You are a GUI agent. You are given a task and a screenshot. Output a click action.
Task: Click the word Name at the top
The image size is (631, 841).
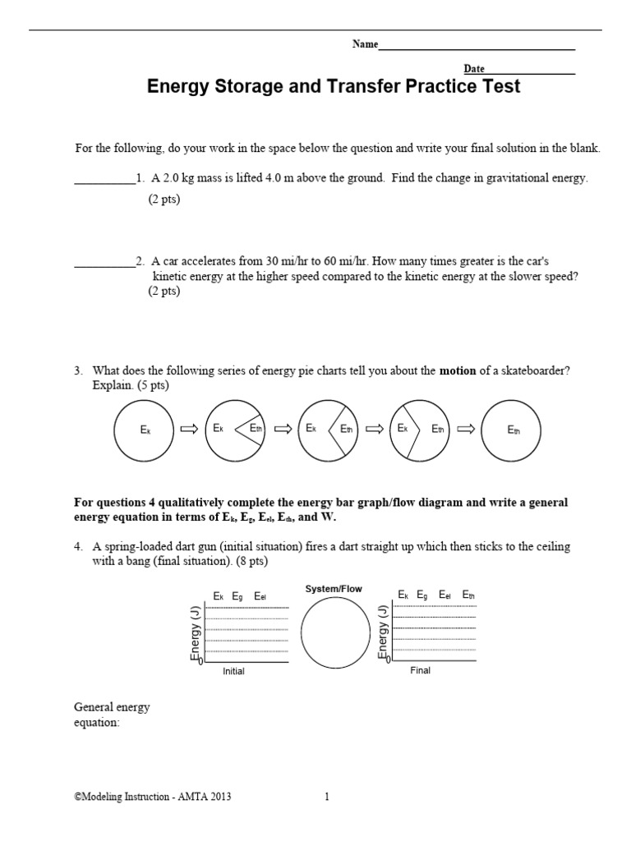(365, 45)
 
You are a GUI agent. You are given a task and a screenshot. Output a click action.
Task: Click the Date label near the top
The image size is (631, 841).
(474, 69)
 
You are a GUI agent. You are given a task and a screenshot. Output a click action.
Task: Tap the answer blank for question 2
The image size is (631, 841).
(104, 264)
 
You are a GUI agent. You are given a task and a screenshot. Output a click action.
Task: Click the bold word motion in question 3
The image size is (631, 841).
(458, 371)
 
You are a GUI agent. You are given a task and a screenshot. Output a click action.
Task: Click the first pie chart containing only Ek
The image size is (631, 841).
(145, 430)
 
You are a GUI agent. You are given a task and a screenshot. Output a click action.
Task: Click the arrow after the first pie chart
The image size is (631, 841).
(189, 430)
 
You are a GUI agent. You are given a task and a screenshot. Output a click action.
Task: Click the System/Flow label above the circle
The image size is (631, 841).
(333, 589)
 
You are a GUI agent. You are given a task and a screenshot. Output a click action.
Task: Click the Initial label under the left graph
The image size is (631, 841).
(233, 671)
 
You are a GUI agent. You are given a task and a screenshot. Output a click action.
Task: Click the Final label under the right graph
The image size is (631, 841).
(420, 670)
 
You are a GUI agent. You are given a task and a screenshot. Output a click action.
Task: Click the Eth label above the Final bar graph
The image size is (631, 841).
(467, 595)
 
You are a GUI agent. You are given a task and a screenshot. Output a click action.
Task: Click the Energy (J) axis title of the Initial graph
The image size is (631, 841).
(196, 633)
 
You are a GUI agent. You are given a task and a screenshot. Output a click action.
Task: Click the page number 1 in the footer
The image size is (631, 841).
(326, 796)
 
